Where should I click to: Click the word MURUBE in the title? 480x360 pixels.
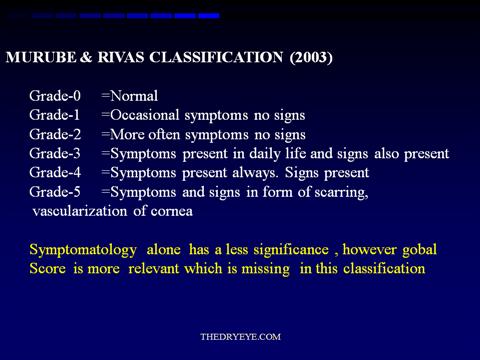point(41,57)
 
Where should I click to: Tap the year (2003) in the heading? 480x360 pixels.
point(311,57)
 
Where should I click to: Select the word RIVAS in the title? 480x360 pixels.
point(121,57)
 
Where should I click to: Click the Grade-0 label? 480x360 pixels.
point(55,96)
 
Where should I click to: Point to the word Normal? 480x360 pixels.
point(134,96)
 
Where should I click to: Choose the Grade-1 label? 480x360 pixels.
point(55,115)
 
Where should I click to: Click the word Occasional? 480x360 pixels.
point(145,115)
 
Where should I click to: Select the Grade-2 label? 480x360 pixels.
point(55,134)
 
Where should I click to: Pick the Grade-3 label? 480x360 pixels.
point(55,153)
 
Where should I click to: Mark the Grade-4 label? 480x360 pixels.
point(55,172)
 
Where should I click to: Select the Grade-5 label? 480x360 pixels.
point(55,192)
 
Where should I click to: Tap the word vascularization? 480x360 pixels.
point(80,211)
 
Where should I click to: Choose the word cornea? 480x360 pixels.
point(172,211)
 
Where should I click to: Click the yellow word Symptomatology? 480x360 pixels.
point(83,250)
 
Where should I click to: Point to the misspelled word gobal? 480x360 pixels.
point(419,250)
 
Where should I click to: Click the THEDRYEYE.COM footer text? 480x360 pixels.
point(240,337)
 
